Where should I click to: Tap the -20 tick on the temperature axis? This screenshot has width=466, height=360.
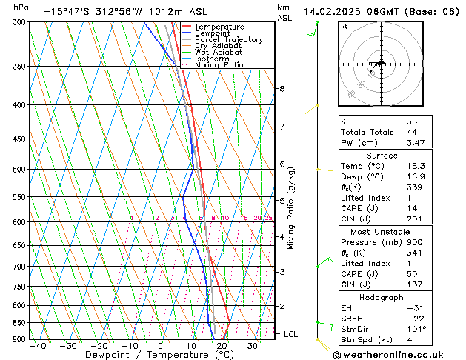(99, 345)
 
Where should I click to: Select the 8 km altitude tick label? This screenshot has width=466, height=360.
(282, 89)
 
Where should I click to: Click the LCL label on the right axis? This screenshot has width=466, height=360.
(290, 334)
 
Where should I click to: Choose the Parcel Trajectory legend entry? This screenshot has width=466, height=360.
(228, 40)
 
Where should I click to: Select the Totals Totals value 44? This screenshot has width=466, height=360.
(412, 132)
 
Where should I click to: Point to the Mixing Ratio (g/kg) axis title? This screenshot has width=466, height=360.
(291, 207)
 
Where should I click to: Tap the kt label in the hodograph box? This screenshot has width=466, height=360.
(344, 26)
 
